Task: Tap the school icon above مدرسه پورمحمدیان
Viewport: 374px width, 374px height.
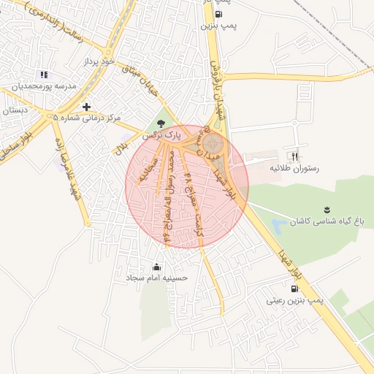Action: [x=44, y=75]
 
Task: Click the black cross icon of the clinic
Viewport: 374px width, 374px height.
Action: [x=86, y=107]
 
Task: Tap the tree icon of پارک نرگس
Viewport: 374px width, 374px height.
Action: [x=161, y=123]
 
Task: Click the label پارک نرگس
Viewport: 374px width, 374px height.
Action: [x=160, y=135]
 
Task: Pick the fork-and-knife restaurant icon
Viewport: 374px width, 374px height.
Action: [x=295, y=156]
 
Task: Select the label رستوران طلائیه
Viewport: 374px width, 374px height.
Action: [x=296, y=168]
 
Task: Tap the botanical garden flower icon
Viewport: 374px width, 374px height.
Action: [x=326, y=208]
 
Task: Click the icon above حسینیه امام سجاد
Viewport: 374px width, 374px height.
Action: [x=156, y=266]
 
